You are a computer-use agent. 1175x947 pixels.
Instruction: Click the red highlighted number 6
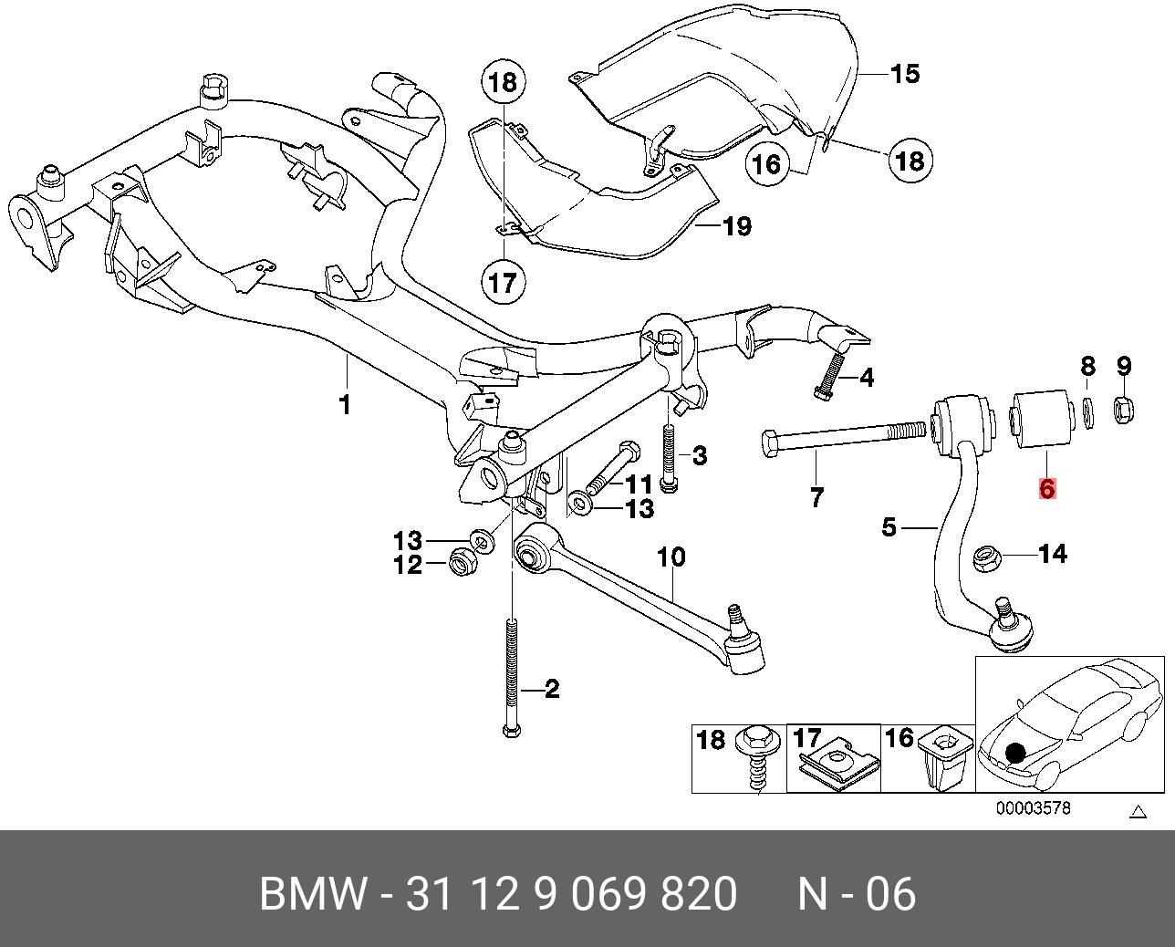coord(1046,489)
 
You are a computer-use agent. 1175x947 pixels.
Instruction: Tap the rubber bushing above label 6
coord(1039,420)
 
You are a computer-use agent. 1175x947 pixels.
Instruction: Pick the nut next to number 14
coord(986,557)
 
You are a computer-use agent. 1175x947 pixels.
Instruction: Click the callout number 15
coord(905,73)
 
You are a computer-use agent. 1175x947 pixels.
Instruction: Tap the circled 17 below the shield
coord(502,282)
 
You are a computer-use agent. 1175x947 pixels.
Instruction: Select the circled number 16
coord(767,164)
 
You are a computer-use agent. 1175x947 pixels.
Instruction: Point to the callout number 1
coord(345,403)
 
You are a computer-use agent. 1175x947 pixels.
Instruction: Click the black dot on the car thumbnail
coord(1014,754)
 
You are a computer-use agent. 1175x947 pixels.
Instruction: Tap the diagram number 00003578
coord(1032,807)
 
